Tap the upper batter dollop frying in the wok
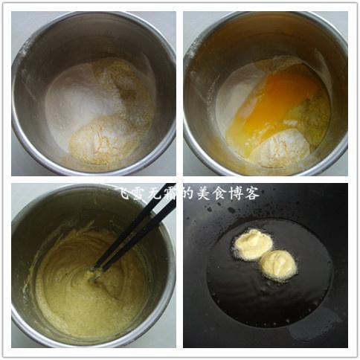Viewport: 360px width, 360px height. (253, 244)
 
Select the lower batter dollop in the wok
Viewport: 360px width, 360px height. (279, 266)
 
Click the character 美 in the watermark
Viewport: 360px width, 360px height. (205, 193)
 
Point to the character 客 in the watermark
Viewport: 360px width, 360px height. (251, 193)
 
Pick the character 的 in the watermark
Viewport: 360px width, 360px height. (188, 193)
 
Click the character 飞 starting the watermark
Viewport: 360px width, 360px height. (125, 193)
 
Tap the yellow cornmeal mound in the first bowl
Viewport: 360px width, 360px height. (99, 141)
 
